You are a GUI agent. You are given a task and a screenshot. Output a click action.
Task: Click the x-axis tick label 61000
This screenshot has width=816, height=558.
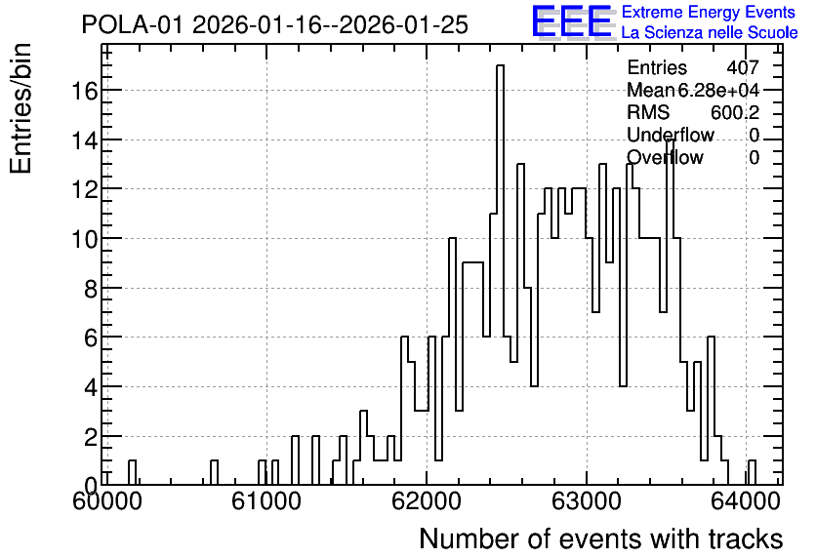(x=265, y=501)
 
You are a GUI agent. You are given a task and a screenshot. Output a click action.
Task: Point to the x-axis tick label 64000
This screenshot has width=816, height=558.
(x=745, y=501)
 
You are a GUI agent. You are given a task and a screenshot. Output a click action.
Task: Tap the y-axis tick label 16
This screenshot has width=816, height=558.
(x=84, y=91)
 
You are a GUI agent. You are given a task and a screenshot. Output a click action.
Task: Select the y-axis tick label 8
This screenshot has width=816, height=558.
(x=91, y=289)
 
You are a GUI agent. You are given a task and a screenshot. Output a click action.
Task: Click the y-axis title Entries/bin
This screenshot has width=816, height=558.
(x=20, y=109)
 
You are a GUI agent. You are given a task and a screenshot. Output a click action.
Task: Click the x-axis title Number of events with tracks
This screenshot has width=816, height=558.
(x=601, y=538)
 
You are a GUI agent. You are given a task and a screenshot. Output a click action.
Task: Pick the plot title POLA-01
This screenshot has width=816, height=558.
(x=132, y=25)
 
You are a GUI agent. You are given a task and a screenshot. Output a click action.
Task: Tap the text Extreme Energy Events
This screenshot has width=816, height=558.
(x=709, y=12)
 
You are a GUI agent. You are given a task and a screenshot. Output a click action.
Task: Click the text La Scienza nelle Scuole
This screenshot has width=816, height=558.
(x=710, y=33)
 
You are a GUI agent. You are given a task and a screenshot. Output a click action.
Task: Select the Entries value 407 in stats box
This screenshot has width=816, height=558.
(x=743, y=67)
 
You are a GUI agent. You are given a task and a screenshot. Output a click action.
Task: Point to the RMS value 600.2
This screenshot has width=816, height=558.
(x=735, y=112)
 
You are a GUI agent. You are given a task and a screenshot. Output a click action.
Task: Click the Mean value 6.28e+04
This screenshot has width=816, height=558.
(x=718, y=90)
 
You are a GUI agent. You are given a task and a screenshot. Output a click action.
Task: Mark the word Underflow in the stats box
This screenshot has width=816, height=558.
(x=671, y=135)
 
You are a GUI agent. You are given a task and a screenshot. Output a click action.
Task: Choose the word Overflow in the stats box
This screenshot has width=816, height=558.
(x=665, y=157)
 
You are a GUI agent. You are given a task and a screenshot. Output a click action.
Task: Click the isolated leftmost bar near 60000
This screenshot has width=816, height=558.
(x=132, y=473)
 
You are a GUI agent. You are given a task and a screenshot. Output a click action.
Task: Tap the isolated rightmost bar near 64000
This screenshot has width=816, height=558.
(x=752, y=473)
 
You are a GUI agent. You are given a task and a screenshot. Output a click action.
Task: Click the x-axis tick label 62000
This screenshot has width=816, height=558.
(x=427, y=501)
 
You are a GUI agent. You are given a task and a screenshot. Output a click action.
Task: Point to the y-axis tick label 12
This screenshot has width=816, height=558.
(x=84, y=190)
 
